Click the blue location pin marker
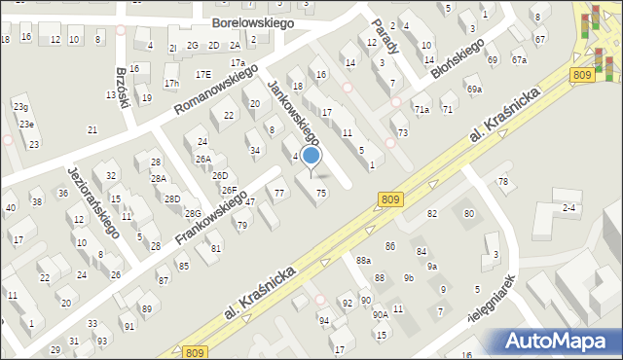pos(311,157)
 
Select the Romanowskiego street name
pos(215,90)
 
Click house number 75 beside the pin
pos(321,194)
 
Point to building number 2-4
pos(570,208)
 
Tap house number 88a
pos(363,261)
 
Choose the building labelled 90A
pos(380,314)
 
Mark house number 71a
pos(421,110)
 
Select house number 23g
pos(20,106)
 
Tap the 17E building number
pos(202,74)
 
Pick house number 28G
pos(193,213)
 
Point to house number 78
pos(503,182)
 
